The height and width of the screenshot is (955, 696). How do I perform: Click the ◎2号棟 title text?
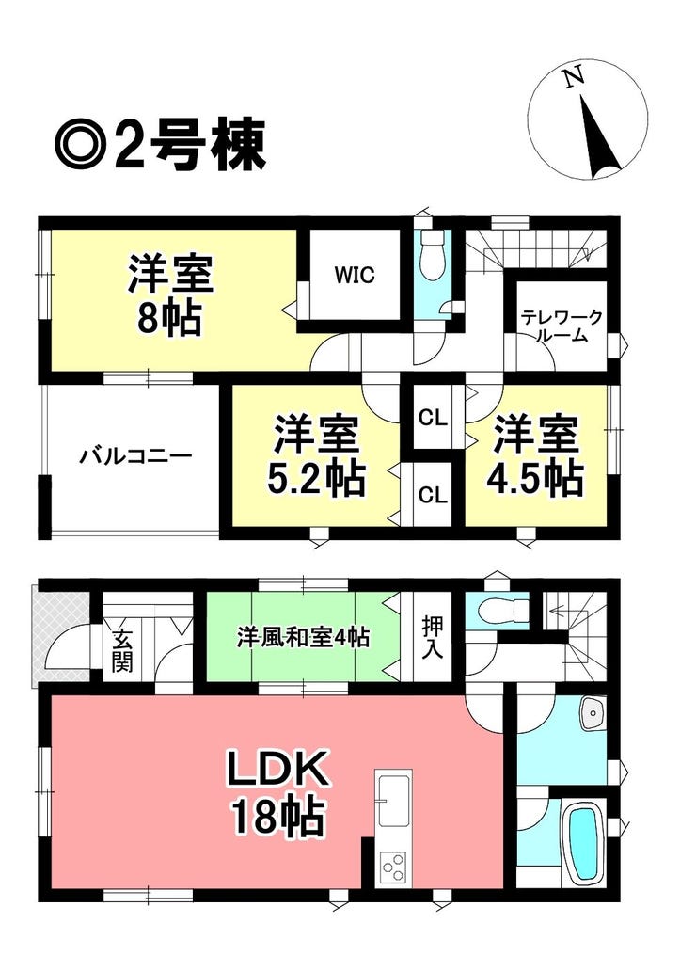[160, 145]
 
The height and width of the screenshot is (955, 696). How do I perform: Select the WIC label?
[354, 276]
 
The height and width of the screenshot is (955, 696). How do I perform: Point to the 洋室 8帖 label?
[170, 296]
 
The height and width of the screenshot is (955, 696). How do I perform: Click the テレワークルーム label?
[561, 326]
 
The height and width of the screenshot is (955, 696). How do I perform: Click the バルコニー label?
[136, 455]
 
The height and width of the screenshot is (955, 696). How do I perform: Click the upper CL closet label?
[433, 419]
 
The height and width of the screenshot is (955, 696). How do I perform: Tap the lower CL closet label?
[433, 495]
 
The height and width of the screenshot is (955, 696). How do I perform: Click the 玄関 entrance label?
[122, 651]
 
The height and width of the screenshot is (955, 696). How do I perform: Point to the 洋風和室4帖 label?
[303, 638]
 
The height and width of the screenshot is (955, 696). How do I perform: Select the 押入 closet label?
[433, 637]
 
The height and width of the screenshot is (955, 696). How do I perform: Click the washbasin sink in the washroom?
[592, 712]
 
